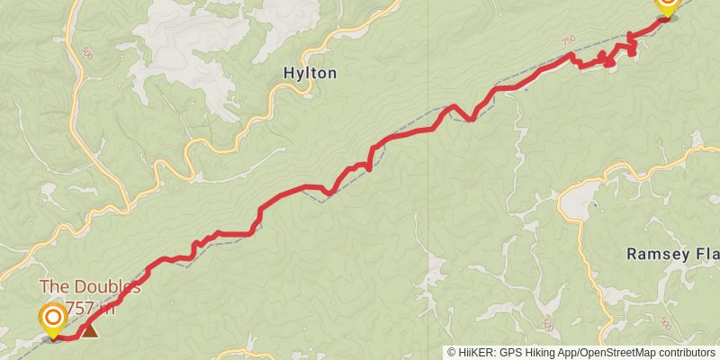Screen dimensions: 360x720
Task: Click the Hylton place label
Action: [310, 74]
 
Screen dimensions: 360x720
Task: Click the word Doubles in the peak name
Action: [105, 288]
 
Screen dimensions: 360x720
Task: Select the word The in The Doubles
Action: [54, 288]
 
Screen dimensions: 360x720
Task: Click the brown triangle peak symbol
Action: [90, 331]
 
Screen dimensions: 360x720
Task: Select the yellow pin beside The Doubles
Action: [53, 319]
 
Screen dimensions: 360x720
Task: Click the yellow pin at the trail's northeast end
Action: [667, 5]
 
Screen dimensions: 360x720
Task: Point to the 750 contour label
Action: [567, 41]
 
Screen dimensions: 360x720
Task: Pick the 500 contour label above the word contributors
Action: [665, 323]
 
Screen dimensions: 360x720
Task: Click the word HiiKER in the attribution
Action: [478, 353]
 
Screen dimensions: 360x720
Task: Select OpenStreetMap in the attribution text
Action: [617, 353]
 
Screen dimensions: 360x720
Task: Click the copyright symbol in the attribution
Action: [453, 353]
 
